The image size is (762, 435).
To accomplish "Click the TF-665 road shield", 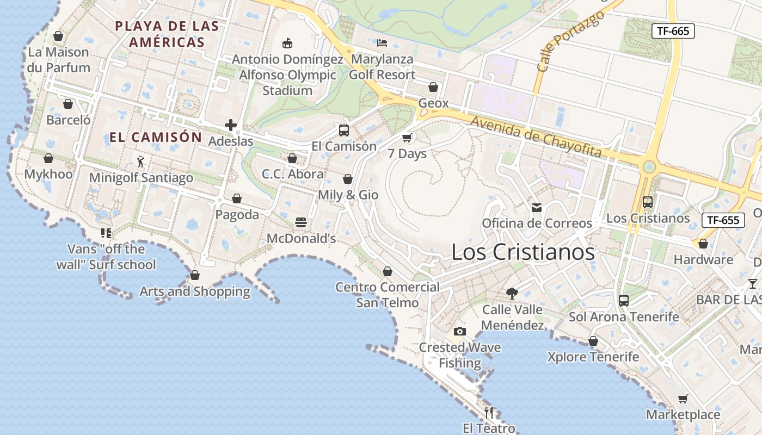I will (673, 31).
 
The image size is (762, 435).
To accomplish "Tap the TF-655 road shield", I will (723, 220).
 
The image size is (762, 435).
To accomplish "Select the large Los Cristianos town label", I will (523, 252).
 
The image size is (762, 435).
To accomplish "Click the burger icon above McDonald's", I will (300, 222).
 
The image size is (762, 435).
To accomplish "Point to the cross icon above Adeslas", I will (231, 126).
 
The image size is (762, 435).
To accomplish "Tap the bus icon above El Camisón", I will (343, 130).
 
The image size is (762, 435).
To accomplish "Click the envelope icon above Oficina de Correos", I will (537, 207).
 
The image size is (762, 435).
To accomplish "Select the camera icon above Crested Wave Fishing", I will (460, 331).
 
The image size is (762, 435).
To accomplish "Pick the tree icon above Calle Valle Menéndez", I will (512, 294).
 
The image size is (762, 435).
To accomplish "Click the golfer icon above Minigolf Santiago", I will (141, 161).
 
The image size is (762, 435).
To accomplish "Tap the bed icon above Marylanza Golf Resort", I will (382, 42).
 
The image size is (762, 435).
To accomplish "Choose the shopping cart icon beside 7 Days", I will (407, 138).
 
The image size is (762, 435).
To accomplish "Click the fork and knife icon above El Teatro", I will (489, 412).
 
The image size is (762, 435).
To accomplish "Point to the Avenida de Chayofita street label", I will (536, 137).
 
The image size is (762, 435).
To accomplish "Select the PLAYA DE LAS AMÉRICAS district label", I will (167, 34).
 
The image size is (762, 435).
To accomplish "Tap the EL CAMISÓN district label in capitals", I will (156, 137).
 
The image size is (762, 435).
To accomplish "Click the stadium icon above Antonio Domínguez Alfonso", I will (287, 43).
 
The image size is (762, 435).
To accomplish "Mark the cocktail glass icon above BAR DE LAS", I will (752, 283).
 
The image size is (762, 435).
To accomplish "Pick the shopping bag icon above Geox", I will (433, 87).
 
